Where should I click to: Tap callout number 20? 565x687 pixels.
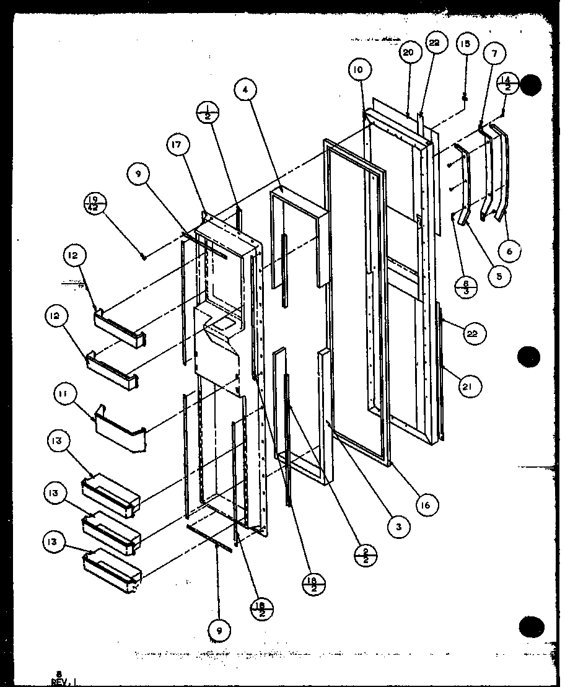(407, 53)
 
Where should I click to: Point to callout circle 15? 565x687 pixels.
(465, 44)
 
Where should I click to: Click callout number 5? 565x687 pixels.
(499, 276)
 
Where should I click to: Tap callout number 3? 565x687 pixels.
(398, 527)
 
